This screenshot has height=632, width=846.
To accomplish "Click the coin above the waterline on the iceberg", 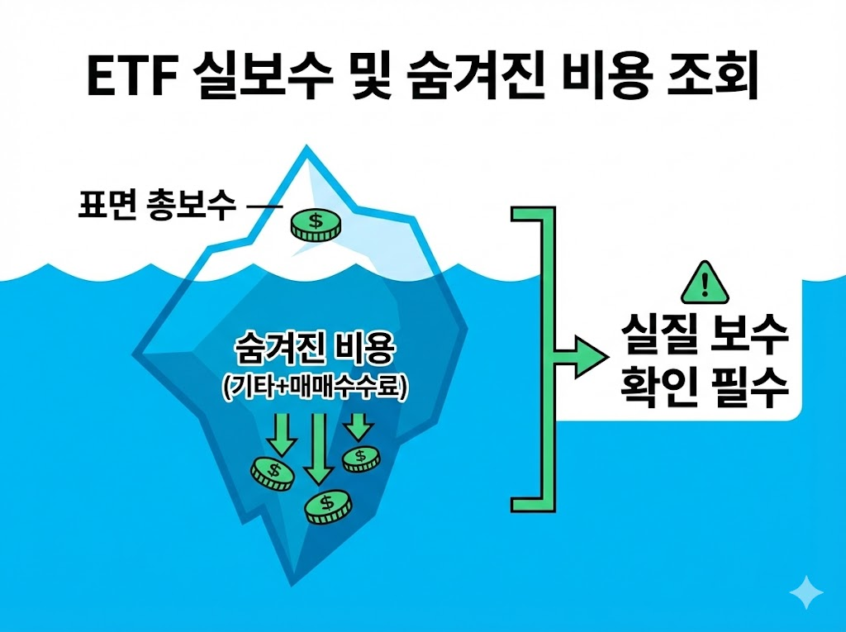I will click(315, 225).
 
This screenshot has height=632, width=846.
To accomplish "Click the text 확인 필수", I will click(704, 389).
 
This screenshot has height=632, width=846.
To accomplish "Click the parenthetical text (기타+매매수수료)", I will click(315, 389).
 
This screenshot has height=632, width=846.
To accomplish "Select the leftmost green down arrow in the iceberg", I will click(283, 435).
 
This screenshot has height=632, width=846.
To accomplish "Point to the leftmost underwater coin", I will click(273, 473).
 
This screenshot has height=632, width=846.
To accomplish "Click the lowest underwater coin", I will click(328, 506).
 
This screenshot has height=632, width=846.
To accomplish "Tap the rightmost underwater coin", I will click(361, 459).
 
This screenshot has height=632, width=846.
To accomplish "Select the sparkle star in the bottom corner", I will click(806, 593).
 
